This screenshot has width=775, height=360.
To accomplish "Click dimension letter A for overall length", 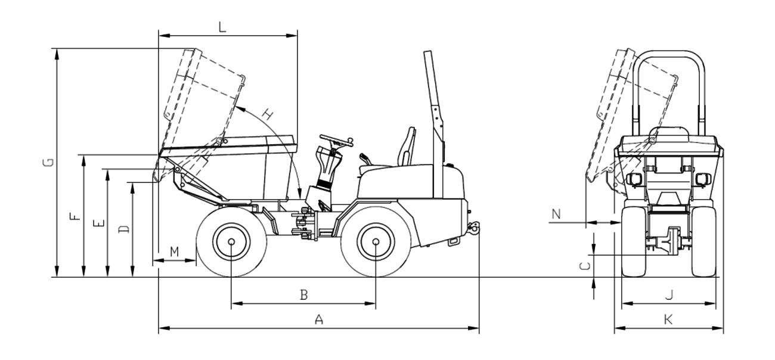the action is coord(319,319).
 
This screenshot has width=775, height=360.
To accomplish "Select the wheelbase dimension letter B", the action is coord(303,295).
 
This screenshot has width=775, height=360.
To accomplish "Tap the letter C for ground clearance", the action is coord(585,266).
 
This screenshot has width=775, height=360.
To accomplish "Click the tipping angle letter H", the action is coord(268,114).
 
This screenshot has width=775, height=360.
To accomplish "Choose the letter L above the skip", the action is coord(222,27).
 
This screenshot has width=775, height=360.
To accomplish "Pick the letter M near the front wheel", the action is coord(175,252).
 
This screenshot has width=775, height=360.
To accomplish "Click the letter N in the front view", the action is coord(556,215).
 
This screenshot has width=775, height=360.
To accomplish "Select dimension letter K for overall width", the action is coord(668,319).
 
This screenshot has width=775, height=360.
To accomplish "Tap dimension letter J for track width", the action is coord(670,295).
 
